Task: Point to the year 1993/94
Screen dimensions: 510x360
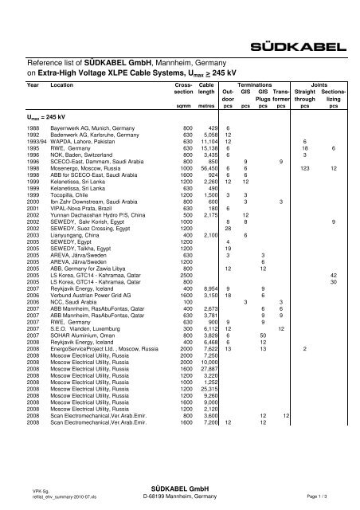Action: pyautogui.click(x=38, y=141)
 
